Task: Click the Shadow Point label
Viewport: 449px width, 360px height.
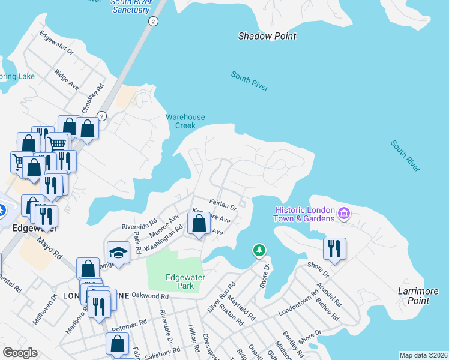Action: (x=267, y=36)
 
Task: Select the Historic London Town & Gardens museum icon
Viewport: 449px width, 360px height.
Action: (x=344, y=214)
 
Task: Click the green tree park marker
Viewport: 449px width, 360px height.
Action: (x=259, y=249)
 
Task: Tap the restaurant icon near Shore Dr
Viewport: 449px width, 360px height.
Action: (x=334, y=248)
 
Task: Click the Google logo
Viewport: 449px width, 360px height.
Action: (x=20, y=353)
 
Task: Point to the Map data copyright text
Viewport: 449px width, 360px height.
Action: (x=423, y=355)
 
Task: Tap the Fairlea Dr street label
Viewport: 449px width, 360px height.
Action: (x=223, y=205)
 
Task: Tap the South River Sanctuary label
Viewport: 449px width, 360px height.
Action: (x=130, y=7)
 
